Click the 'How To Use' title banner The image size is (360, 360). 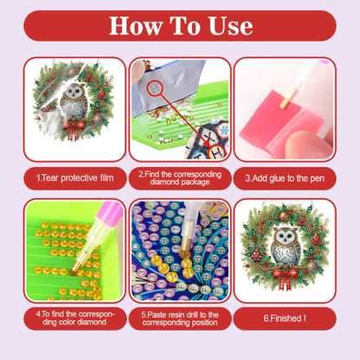180,25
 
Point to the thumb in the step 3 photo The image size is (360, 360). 299,143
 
